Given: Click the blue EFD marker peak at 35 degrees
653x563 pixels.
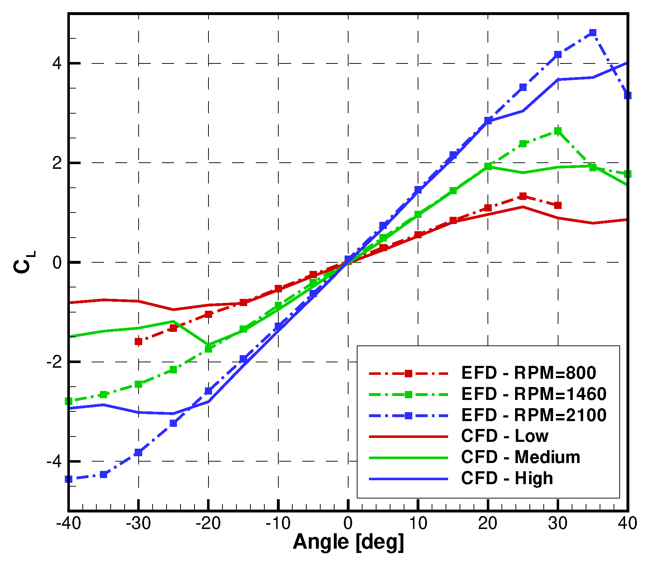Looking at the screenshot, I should (593, 33).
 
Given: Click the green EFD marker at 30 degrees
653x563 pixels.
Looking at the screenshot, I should (558, 131).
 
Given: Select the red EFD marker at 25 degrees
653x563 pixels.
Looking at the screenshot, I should (523, 196).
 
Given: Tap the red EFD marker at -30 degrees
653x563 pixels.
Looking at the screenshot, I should (138, 342).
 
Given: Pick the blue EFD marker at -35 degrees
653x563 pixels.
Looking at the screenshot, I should (104, 474).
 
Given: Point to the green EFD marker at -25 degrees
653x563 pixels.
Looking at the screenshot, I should (173, 369).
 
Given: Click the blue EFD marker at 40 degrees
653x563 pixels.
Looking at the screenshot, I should (627, 95).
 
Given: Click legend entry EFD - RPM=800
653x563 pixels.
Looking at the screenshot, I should (528, 373).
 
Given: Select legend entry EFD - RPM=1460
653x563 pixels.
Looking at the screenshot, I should (534, 394).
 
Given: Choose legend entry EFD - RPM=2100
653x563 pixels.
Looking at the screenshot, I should (534, 415).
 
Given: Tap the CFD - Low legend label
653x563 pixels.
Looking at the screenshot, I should (504, 436).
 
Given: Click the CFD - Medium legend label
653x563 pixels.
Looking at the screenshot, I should (520, 457).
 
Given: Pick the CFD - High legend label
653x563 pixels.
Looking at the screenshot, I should (507, 478).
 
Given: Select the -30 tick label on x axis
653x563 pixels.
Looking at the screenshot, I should (138, 524).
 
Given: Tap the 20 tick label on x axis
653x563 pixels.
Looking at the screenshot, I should (488, 524).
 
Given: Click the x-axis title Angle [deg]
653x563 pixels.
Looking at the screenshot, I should (348, 542).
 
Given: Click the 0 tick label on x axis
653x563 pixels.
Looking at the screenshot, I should (348, 524).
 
